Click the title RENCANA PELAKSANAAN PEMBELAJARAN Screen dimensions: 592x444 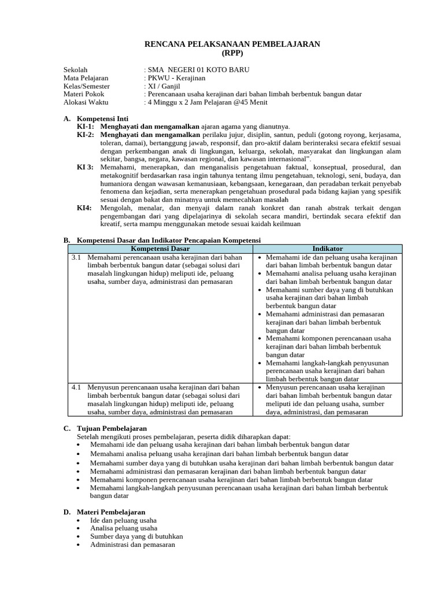tap(231, 45)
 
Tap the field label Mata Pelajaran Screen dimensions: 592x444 tap(86, 78)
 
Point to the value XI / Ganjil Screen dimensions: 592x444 tap(164, 86)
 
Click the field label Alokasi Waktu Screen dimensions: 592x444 tap(86, 102)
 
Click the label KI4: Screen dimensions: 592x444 tap(84, 208)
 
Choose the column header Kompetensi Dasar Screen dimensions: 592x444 tap(160, 249)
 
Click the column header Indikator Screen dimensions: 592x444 tap(327, 249)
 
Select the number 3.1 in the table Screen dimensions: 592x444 tap(76, 257)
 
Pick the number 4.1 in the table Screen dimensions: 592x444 tap(76, 387)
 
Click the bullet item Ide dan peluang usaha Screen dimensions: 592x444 tap(123, 520)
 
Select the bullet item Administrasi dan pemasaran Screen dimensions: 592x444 tap(132, 545)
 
